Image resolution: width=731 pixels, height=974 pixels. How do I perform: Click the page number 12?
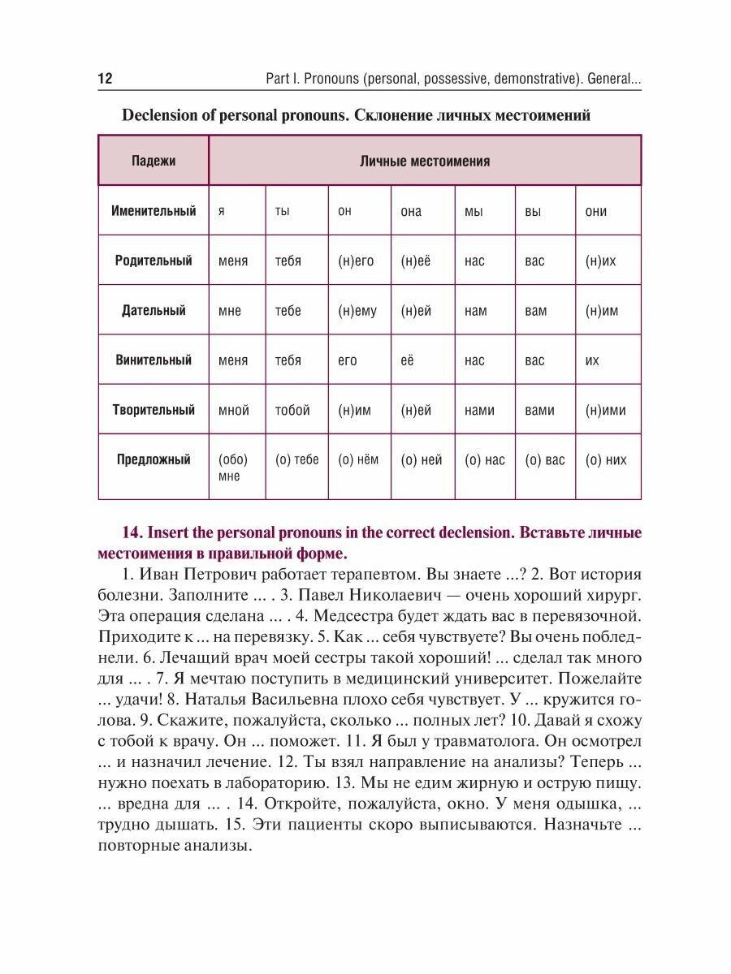105,79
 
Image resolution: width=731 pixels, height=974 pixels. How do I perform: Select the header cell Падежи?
154,161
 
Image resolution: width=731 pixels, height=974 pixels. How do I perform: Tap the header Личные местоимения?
425,161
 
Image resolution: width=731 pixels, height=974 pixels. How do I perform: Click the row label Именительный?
154,211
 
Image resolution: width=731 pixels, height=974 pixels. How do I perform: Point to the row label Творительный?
154,410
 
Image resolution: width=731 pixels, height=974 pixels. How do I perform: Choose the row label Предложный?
154,460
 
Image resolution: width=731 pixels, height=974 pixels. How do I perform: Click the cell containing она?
412,211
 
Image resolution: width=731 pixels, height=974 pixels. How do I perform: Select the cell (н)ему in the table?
357,311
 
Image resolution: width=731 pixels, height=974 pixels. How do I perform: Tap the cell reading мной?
234,410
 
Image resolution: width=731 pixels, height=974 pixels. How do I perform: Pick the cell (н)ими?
606,410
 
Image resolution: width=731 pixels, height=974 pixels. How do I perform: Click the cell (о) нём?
358,460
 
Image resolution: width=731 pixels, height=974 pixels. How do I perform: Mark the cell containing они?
596,211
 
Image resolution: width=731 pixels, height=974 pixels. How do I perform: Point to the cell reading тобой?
292,410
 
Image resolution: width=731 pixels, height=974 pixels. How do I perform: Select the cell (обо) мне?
233,468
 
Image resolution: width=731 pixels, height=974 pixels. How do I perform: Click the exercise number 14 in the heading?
132,533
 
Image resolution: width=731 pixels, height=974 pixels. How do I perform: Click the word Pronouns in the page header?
330,79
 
